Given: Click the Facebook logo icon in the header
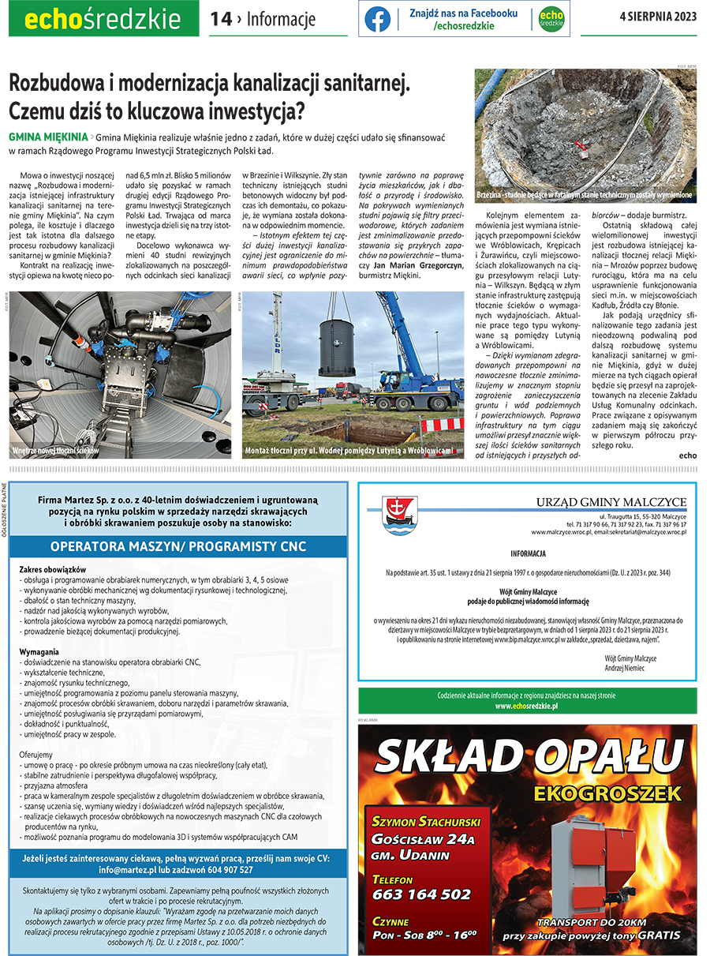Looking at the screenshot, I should click(377, 19).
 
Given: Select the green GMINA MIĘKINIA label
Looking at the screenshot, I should click(48, 136).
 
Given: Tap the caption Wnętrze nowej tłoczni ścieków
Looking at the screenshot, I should click(55, 451).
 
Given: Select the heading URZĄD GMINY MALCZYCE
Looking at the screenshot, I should click(611, 503).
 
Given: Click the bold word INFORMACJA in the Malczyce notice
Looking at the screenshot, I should click(528, 553).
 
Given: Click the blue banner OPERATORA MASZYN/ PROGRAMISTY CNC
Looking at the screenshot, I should click(178, 546).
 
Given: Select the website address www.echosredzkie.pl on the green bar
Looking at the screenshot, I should click(527, 706).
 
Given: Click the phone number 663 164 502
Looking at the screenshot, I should click(421, 894).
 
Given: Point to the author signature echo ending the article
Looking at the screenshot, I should click(687, 455).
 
